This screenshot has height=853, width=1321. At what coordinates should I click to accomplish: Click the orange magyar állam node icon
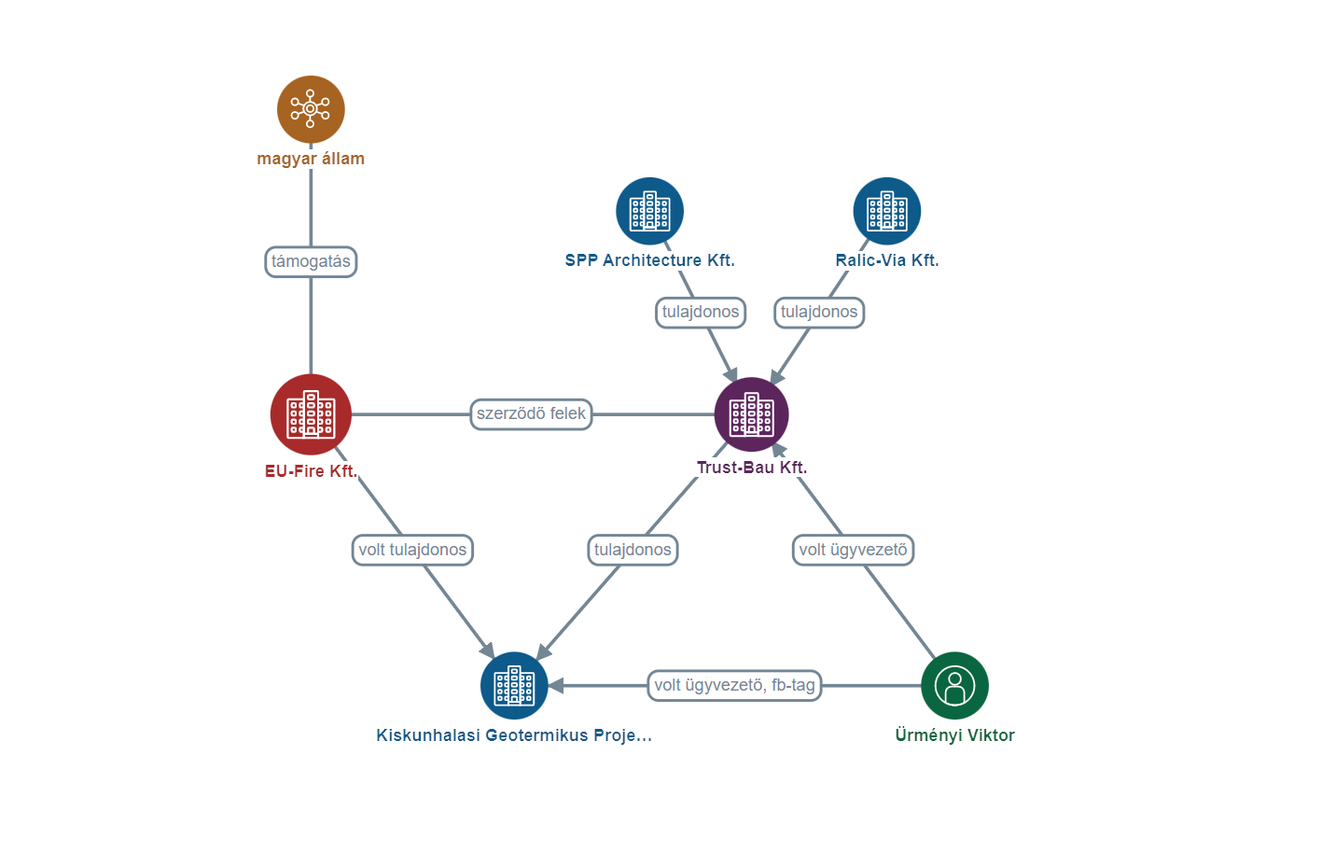point(311,109)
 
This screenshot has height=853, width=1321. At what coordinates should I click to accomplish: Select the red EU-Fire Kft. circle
point(311,414)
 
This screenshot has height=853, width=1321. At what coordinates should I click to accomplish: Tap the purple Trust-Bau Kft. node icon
point(751,414)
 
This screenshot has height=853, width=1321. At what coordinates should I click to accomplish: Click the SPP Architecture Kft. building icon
point(649,211)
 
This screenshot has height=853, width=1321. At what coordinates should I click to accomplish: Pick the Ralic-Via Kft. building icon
point(886,211)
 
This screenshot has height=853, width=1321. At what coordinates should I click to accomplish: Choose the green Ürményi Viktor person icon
point(954,686)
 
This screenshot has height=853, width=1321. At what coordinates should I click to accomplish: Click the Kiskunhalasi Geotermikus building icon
point(514,686)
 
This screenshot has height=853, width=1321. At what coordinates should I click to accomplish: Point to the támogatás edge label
point(311,261)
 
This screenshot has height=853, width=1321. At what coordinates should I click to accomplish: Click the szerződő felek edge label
point(531,413)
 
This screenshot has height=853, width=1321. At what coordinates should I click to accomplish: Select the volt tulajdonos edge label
point(412,550)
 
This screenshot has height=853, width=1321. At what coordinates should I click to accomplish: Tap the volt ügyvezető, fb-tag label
point(734,685)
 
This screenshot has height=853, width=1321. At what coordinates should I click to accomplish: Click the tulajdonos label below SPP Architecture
point(700,312)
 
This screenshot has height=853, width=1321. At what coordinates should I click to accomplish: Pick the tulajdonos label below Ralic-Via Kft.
point(819,312)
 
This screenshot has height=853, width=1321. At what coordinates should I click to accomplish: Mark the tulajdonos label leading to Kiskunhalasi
point(633,550)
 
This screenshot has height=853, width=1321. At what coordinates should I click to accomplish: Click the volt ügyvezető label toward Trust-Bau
point(853,550)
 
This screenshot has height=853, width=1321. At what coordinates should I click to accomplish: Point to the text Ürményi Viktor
point(954,735)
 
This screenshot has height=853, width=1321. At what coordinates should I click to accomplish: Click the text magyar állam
point(311,159)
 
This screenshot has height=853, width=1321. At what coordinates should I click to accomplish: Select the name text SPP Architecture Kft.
point(649,260)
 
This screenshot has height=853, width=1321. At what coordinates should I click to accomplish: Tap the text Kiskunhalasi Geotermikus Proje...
point(514,735)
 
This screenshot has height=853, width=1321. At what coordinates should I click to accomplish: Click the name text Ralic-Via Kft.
point(886,260)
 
